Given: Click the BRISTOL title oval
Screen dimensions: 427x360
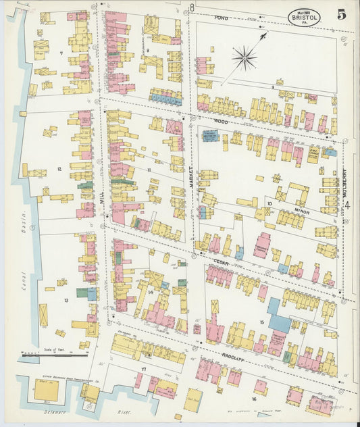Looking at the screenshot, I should pos(303,17).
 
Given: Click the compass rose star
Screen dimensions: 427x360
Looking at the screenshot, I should pos(244,57).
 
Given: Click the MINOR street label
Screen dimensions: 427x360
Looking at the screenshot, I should pos(301,211).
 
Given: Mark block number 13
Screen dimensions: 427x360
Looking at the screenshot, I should pos(66,300).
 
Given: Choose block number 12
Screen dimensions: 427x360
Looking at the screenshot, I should pos(59,168).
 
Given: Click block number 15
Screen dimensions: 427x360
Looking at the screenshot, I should pos(261,322).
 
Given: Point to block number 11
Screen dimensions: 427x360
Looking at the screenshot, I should pos(149,170).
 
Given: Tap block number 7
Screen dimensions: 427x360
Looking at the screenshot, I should pos(61,53).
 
